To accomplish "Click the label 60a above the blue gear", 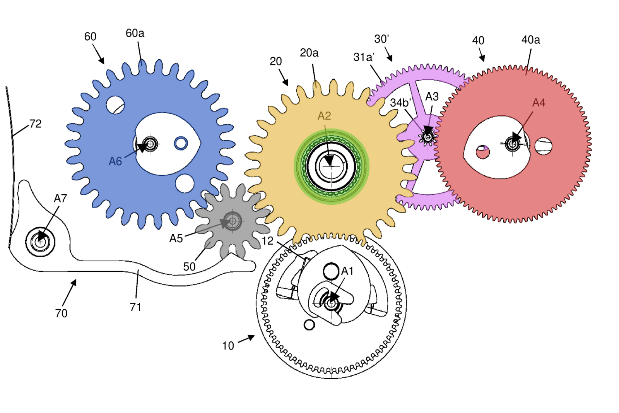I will (x=135, y=33).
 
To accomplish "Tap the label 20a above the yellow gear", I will (x=309, y=53).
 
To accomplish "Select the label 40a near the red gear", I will (x=530, y=39).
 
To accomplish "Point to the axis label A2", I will (x=324, y=116).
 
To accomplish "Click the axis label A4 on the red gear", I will (x=539, y=103).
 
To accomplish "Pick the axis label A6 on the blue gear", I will (x=115, y=161).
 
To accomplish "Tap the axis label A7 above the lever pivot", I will (x=60, y=199).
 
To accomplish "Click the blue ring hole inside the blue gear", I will (x=181, y=143).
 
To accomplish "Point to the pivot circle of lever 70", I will (x=40, y=242).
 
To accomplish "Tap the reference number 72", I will (x=35, y=124).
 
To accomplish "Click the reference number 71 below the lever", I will (x=135, y=307).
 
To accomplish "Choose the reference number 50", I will (x=189, y=266).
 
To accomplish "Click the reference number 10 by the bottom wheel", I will (x=228, y=346).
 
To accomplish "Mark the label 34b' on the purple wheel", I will (x=400, y=103).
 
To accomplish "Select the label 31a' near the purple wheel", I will (x=364, y=57).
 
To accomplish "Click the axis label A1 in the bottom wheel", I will (x=347, y=271).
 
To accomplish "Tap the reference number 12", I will (x=267, y=241).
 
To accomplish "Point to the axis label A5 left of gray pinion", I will (x=176, y=238).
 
